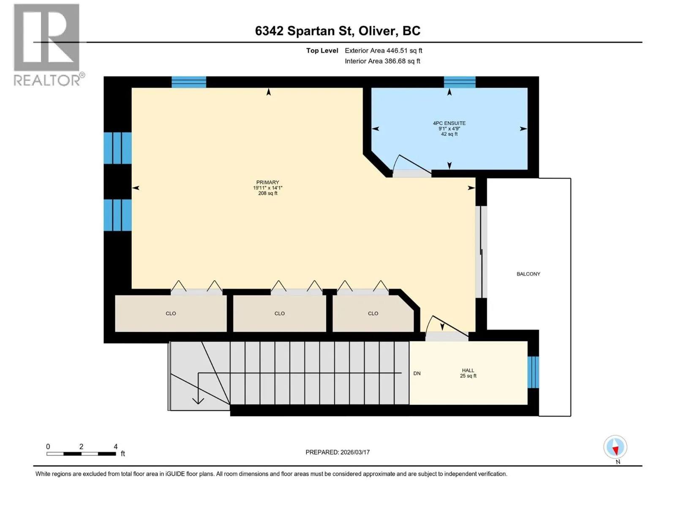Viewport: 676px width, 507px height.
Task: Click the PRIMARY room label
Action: pos(267,182)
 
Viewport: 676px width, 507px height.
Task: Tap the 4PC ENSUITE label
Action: pos(449,123)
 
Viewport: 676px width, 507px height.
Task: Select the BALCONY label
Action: pos(528,274)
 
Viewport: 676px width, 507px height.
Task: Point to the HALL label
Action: pos(468,371)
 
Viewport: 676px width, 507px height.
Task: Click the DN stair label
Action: pos(417,373)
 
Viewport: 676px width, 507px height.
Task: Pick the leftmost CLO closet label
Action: pos(171,313)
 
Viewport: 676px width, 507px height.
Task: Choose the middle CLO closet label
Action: pos(279,313)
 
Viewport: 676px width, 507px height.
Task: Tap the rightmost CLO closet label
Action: pos(373,313)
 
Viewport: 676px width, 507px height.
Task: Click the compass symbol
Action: pos(615,447)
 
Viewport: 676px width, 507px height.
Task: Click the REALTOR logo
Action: pos(48,45)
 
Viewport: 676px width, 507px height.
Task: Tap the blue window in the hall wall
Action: pos(533,372)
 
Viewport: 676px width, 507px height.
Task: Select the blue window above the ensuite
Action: pos(460,82)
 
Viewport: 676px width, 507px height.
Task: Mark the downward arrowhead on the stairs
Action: pos(198,401)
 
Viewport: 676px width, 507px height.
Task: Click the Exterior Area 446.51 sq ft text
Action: pos(384,50)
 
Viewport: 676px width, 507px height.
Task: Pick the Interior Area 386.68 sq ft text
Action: pos(382,61)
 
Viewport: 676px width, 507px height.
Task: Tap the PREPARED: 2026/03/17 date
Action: pos(338,452)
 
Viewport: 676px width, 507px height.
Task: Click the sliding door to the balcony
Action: pos(481,252)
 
